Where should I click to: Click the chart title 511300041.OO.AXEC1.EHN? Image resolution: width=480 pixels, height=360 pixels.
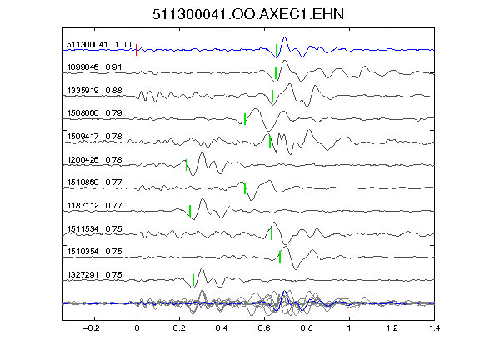tap(248, 14)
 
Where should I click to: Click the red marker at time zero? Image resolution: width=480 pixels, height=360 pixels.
tap(137, 50)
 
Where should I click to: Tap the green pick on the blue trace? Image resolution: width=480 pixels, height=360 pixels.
tap(277, 50)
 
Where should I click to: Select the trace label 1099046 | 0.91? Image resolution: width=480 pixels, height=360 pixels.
tap(94, 67)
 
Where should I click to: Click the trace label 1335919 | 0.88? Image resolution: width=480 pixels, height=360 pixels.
tap(94, 91)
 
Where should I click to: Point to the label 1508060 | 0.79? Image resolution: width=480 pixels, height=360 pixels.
tap(94, 113)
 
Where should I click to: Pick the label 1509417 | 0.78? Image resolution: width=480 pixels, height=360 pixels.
tap(94, 136)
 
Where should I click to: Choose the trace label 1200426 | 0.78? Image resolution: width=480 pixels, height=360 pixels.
tap(94, 160)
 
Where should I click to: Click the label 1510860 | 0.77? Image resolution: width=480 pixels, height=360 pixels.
tap(94, 182)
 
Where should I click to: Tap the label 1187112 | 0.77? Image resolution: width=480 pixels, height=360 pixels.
tap(94, 205)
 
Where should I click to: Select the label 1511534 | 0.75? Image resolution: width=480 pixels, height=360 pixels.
tap(94, 229)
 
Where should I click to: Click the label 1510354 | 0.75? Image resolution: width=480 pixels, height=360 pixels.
tap(94, 252)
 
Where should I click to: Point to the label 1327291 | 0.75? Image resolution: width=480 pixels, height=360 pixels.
tap(94, 275)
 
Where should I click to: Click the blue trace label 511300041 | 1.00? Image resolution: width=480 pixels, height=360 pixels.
tap(99, 45)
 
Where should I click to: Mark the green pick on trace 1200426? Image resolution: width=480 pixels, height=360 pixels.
tap(187, 165)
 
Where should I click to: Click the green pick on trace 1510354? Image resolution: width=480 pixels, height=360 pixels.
tap(280, 257)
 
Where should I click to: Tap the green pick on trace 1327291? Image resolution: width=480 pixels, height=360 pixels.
tap(193, 280)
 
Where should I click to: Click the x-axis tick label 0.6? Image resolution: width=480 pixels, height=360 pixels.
tap(264, 328)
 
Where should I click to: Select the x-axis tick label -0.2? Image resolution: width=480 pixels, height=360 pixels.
tap(92, 328)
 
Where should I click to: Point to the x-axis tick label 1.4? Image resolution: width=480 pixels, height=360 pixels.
tap(434, 328)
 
